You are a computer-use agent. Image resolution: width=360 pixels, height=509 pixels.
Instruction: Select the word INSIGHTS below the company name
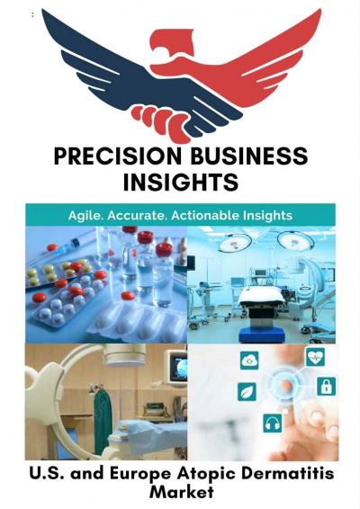[x=180, y=183]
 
